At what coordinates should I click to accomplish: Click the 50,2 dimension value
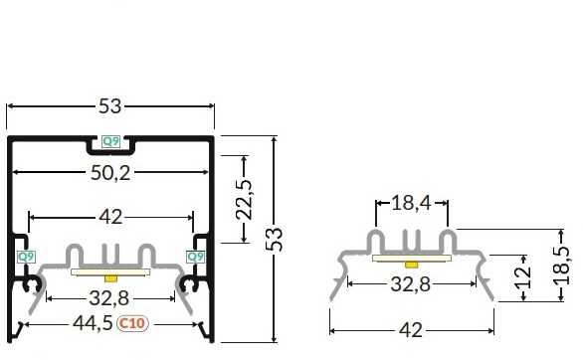click(x=110, y=173)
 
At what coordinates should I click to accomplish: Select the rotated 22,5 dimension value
click(x=244, y=199)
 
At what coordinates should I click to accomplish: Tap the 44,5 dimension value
click(x=93, y=323)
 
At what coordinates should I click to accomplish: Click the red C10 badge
click(x=132, y=323)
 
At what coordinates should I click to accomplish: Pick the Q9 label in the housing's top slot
click(x=110, y=141)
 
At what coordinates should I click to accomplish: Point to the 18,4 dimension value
click(x=411, y=204)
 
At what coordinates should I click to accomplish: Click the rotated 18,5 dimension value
click(x=563, y=266)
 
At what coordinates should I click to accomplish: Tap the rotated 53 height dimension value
click(x=275, y=239)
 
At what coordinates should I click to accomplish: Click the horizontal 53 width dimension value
click(x=110, y=106)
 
